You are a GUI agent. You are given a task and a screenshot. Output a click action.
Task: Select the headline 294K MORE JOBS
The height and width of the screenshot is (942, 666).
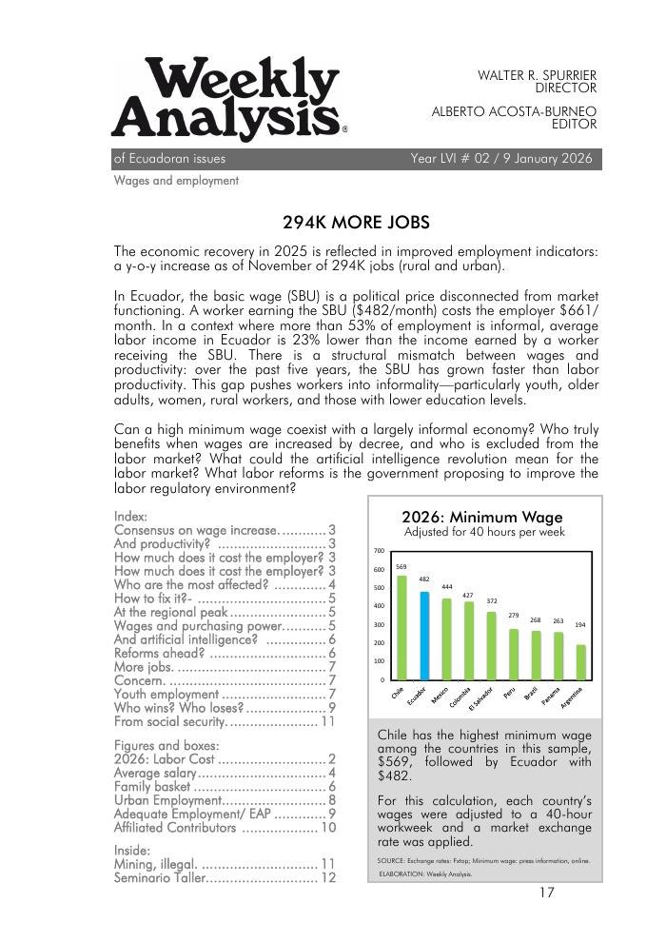coord(356,223)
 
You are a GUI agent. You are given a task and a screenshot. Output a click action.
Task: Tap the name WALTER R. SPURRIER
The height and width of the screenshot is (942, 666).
coord(537,74)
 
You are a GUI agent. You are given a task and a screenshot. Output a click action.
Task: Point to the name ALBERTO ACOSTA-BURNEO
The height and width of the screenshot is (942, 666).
coord(514,111)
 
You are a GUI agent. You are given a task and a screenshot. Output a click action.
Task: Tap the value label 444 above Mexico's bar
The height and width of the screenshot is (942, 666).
coord(446,587)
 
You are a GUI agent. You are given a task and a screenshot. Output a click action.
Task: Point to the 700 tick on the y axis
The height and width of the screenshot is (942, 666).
coord(379,551)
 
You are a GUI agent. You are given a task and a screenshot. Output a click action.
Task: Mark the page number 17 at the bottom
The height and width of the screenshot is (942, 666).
coord(546,893)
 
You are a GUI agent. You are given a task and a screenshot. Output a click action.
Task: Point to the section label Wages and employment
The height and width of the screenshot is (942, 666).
coord(176,181)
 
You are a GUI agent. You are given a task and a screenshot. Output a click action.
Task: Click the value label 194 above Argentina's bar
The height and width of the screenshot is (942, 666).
coord(580,625)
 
